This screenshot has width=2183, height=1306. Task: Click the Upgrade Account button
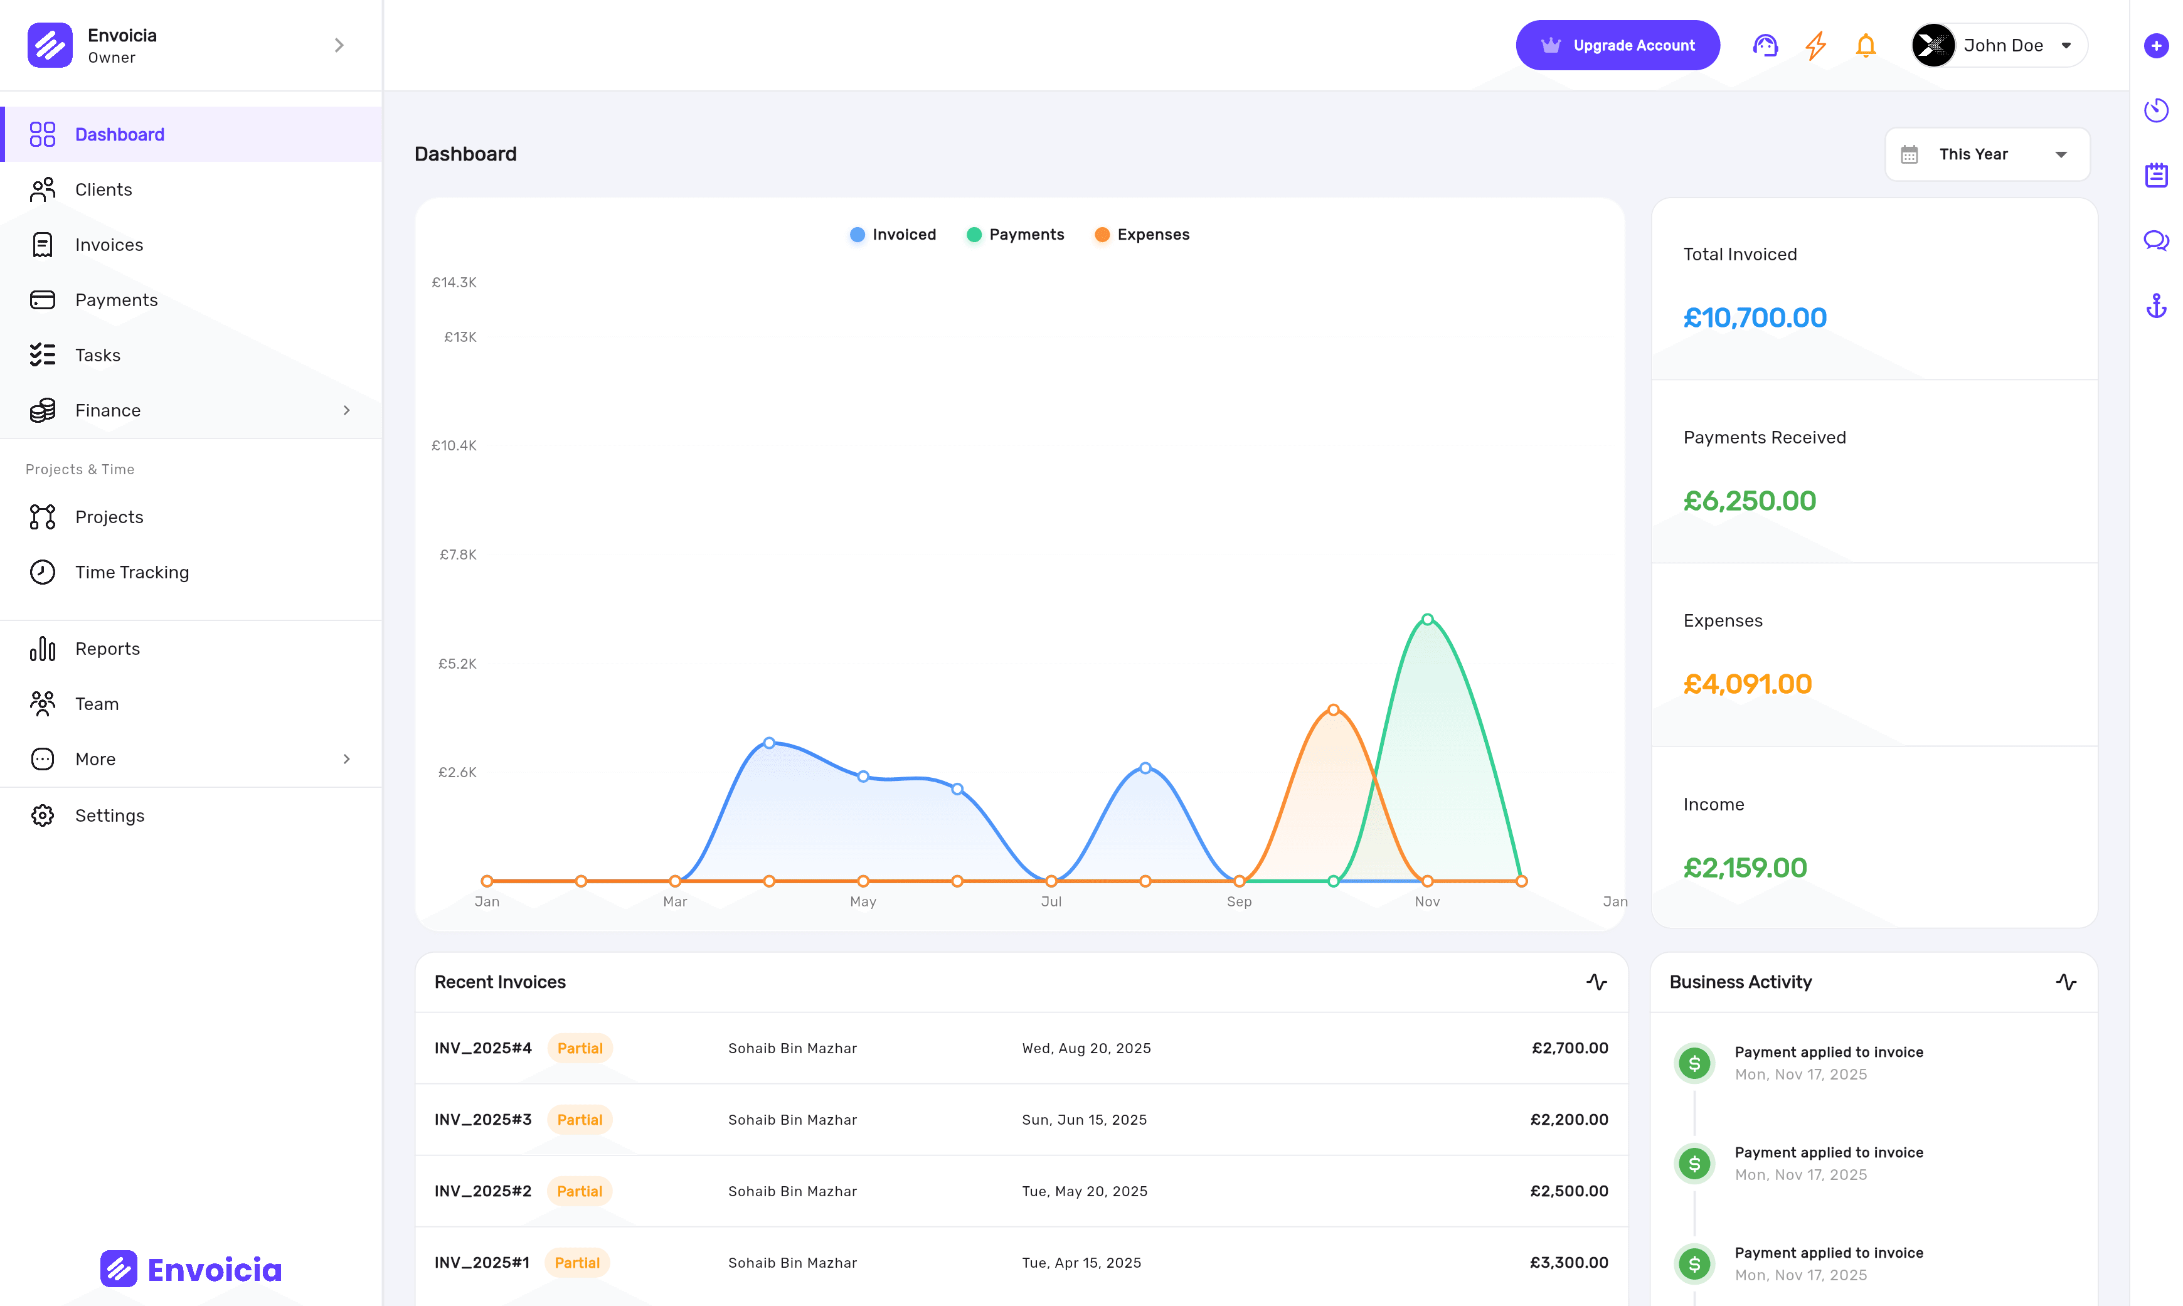click(1617, 46)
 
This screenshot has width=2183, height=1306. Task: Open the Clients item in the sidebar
click(103, 190)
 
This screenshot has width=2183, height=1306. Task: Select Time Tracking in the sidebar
click(132, 572)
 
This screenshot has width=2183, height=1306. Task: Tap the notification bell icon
click(1866, 46)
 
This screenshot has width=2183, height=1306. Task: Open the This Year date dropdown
click(1987, 155)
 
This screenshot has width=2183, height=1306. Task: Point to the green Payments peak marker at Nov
click(1427, 620)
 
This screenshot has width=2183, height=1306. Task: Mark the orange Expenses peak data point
click(1333, 709)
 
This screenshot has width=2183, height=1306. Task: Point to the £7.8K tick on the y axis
click(457, 555)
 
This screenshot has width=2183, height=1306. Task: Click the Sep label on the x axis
click(1239, 901)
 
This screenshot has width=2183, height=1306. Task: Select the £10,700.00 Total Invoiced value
click(1755, 317)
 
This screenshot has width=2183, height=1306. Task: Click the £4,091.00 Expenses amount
click(1746, 684)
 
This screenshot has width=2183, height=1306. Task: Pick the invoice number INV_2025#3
click(483, 1120)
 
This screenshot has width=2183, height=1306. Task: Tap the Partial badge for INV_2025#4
click(580, 1048)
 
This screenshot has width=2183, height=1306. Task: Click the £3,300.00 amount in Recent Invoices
click(1568, 1263)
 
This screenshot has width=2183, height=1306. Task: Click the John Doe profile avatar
click(1932, 46)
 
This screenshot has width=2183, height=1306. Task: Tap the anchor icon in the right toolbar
click(2156, 306)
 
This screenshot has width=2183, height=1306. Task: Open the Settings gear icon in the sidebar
click(42, 816)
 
